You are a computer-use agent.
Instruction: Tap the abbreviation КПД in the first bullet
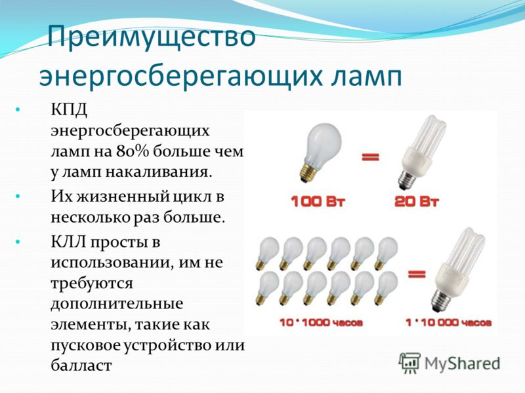pos(70,109)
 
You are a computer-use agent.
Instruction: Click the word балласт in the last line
pos(81,365)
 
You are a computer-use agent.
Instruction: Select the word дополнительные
pos(117,304)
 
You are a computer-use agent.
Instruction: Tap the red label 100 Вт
pos(318,202)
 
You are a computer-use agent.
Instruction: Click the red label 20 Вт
pos(416,202)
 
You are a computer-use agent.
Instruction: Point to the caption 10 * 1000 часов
pos(321,323)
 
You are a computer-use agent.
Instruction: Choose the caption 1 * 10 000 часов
pos(448,323)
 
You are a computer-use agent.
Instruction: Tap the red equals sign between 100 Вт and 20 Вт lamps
pos(370,157)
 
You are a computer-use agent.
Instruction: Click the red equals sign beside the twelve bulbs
pos(417,274)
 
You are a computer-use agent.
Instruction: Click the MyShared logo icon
pos(409,363)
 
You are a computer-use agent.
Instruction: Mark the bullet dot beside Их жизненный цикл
pos(18,196)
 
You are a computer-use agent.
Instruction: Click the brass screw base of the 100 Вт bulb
pos(308,172)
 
